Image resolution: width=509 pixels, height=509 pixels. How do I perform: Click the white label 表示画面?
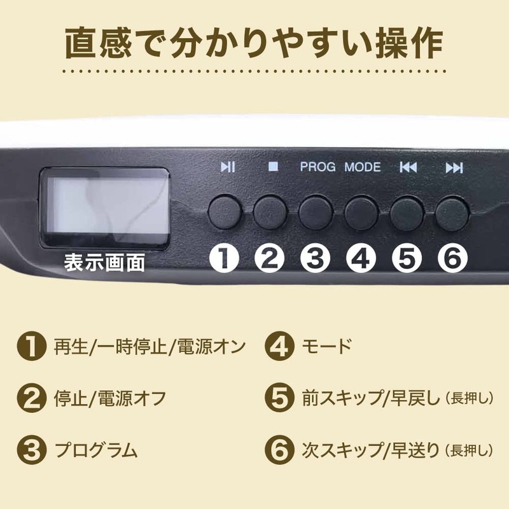click(104, 261)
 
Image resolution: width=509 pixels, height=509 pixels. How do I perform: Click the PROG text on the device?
click(318, 167)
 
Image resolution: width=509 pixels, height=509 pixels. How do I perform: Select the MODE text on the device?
click(363, 167)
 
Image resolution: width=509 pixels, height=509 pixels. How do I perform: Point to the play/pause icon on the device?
click(227, 167)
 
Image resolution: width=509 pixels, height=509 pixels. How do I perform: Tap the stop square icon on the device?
click(273, 167)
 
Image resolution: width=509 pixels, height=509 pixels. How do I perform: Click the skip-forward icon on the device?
click(454, 167)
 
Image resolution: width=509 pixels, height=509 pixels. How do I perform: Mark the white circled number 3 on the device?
click(316, 259)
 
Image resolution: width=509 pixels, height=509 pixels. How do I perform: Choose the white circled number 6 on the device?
click(454, 259)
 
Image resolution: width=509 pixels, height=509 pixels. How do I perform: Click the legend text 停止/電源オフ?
click(111, 398)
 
